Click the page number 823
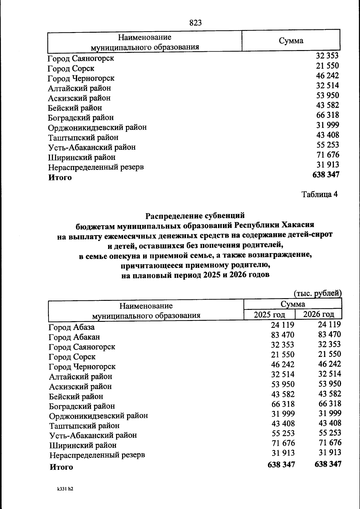pyautogui.click(x=196, y=23)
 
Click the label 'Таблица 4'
pyautogui.click(x=319, y=194)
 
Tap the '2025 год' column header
pyautogui.click(x=269, y=315)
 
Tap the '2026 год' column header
pyautogui.click(x=318, y=314)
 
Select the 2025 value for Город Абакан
pyautogui.click(x=283, y=335)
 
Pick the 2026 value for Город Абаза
pyautogui.click(x=329, y=325)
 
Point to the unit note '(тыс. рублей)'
pyautogui.click(x=318, y=293)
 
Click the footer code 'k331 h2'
pyautogui.click(x=65, y=489)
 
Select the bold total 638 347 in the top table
pyautogui.click(x=325, y=175)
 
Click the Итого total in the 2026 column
pyautogui.click(x=328, y=464)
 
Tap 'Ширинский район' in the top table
pyautogui.click(x=82, y=157)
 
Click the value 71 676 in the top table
pyautogui.click(x=328, y=155)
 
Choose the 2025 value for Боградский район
pyautogui.click(x=283, y=404)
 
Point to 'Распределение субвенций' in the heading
pyautogui.click(x=195, y=215)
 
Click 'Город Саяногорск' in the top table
pyautogui.click(x=81, y=58)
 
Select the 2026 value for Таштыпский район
pyautogui.click(x=329, y=423)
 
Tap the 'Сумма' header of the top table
pyautogui.click(x=291, y=41)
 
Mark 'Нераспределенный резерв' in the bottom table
pyautogui.click(x=97, y=455)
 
